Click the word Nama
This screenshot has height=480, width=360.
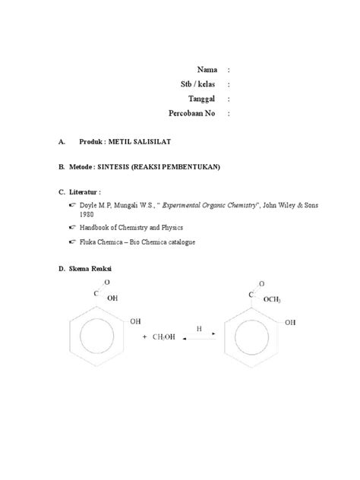[x=207, y=69]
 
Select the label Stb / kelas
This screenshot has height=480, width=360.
[x=199, y=84]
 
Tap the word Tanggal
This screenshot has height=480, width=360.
[x=203, y=99]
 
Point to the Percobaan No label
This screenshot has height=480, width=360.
[x=192, y=113]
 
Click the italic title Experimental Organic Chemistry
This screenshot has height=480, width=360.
[x=210, y=204]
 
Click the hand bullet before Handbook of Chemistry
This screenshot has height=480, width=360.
[x=71, y=227]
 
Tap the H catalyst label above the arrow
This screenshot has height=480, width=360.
[x=199, y=330]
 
